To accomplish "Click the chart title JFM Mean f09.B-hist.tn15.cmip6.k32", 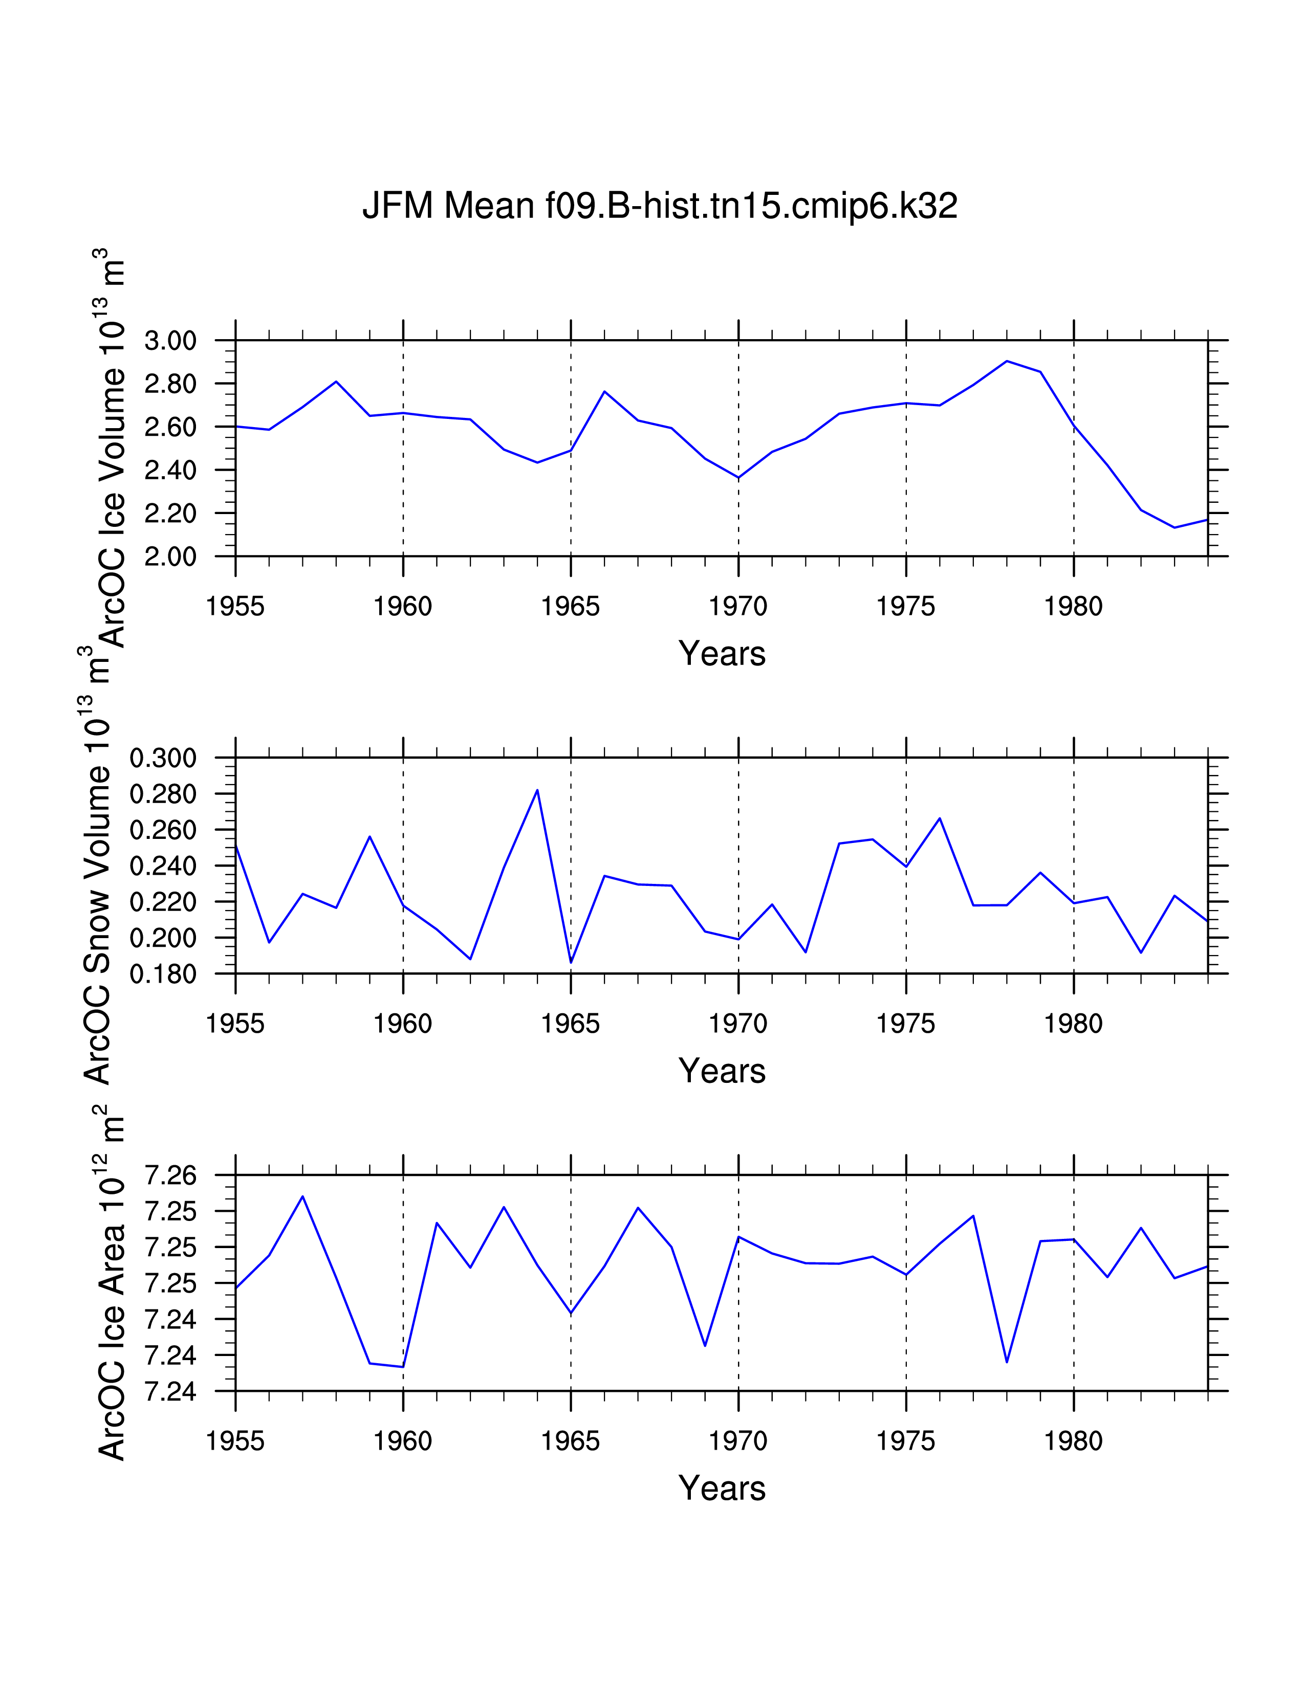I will (x=660, y=206).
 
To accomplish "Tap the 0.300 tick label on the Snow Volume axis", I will (x=163, y=758).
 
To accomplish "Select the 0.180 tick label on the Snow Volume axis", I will (x=163, y=974).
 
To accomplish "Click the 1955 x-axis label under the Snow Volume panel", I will (x=235, y=1024).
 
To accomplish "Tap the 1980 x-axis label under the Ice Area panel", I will (x=1073, y=1441).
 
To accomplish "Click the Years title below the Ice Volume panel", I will (x=721, y=654).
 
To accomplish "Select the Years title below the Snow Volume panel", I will (x=721, y=1071).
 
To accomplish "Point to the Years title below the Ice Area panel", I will (x=721, y=1489).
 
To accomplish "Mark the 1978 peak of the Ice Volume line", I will (x=1007, y=361).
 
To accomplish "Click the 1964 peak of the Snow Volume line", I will (x=537, y=790).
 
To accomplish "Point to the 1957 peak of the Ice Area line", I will (x=302, y=1196).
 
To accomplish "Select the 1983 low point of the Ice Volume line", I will (x=1174, y=528).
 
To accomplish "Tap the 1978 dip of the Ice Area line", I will (x=1007, y=1362).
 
